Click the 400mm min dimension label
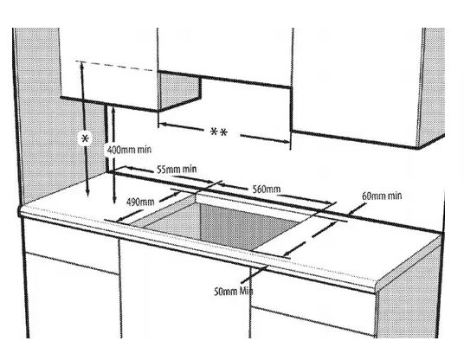click(x=129, y=150)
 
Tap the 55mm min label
click(x=177, y=170)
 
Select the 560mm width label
click(x=267, y=190)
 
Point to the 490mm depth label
click(x=140, y=202)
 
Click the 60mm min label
click(x=382, y=196)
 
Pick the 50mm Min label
click(x=234, y=292)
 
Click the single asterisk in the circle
click(x=85, y=138)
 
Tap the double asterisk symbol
click(x=219, y=132)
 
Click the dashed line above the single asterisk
click(x=115, y=66)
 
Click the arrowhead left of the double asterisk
click(x=163, y=124)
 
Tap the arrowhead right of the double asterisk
click(x=287, y=141)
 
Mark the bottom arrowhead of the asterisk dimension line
click(x=87, y=194)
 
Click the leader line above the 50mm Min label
click(x=255, y=274)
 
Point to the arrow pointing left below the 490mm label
click(x=130, y=215)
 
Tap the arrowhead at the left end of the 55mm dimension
click(x=130, y=168)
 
